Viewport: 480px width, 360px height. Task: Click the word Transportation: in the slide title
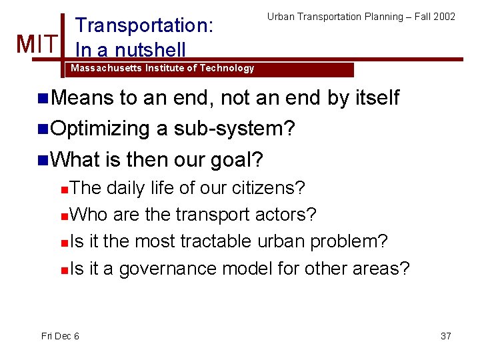coord(145,25)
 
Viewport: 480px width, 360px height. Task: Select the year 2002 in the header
coord(444,16)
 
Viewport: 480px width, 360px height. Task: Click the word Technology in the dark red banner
coord(227,68)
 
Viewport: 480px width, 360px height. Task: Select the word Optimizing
coord(100,129)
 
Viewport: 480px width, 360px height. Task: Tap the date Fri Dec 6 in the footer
coord(60,335)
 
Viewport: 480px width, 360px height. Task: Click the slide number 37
coord(446,335)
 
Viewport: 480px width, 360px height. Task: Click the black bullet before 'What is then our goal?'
coord(43,160)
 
